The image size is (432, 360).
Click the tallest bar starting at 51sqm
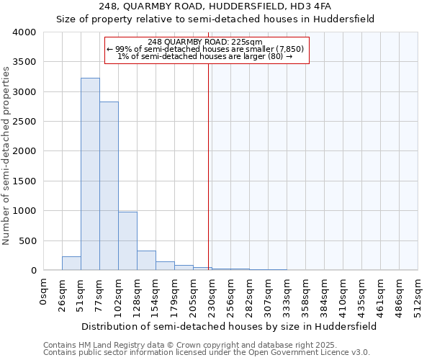(90, 174)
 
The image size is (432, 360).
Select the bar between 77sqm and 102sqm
(109, 186)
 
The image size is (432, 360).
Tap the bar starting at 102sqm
(127, 241)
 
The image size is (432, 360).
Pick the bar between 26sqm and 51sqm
(71, 264)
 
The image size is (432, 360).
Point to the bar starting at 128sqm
(146, 261)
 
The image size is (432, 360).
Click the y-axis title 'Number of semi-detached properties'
(7, 156)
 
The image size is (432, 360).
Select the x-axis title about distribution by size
(230, 326)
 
